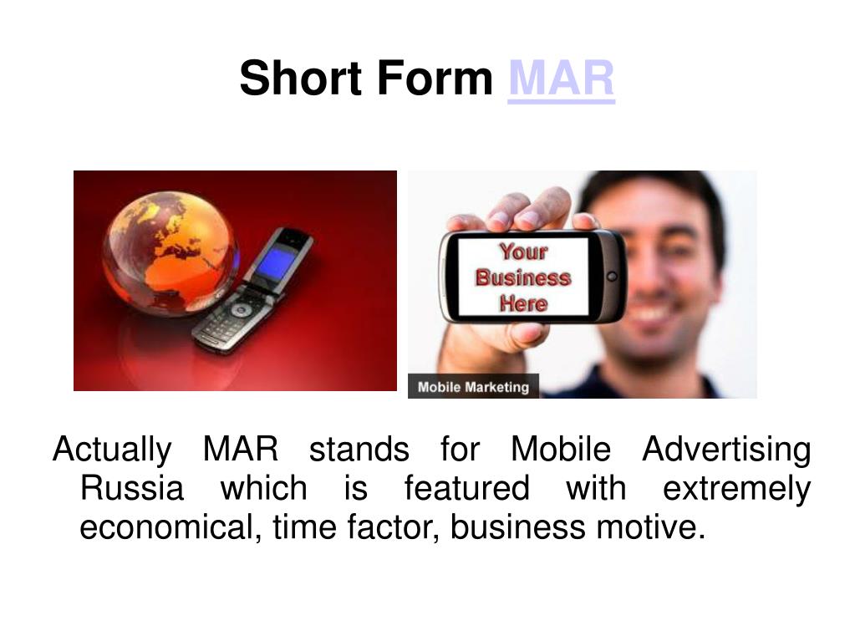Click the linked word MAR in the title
click(561, 79)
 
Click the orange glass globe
click(170, 253)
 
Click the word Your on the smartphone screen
click(523, 252)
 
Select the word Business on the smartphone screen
click(523, 277)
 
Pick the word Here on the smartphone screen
click(523, 303)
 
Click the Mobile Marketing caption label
click(473, 386)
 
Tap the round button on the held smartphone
click(612, 277)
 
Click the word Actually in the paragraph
click(112, 450)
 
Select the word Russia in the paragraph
click(132, 487)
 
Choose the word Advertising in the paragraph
click(726, 450)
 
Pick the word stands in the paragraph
click(359, 450)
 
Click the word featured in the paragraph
click(466, 487)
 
